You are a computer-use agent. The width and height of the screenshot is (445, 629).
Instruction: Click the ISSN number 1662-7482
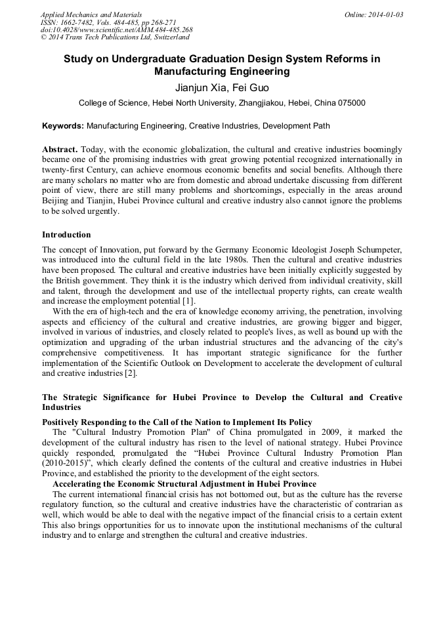(x=83, y=22)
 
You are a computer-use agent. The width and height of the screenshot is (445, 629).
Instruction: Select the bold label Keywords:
(x=63, y=126)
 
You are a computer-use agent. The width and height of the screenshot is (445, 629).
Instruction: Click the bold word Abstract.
(x=60, y=149)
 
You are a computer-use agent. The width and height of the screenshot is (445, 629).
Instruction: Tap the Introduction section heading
(x=66, y=234)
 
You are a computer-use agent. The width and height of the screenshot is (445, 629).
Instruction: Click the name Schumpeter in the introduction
(x=377, y=250)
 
